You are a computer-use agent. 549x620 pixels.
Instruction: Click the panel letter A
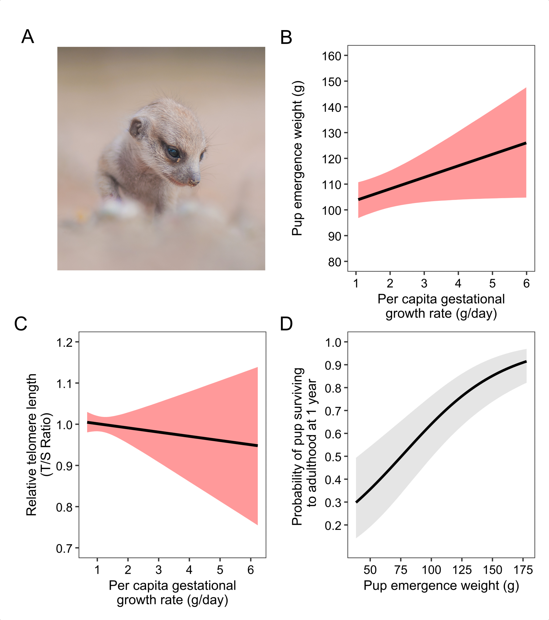pos(28,37)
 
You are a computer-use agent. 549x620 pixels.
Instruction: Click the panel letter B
pos(286,38)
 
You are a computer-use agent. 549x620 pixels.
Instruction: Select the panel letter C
pos(21,324)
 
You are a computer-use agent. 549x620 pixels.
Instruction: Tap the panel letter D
pos(286,324)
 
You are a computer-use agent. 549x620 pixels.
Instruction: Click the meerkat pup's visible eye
pos(173,152)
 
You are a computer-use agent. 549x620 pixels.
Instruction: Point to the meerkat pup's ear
pos(137,127)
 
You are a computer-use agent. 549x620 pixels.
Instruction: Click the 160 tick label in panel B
pos(331,56)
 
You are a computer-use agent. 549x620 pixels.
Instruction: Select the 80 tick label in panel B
pos(334,262)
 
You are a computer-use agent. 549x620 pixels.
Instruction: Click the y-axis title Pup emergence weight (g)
pos(297,158)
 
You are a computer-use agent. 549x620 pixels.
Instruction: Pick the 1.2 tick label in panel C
pos(64,343)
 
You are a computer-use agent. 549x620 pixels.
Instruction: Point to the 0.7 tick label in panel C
pos(64,549)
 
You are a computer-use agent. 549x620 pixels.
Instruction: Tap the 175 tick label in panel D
pos(523,570)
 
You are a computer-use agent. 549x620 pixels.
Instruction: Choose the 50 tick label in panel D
pos(370,570)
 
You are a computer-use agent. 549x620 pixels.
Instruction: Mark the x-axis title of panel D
pos(441,585)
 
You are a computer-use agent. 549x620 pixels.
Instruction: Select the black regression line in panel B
pos(442,171)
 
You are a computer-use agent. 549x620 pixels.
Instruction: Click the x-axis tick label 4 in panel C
pos(189,570)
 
